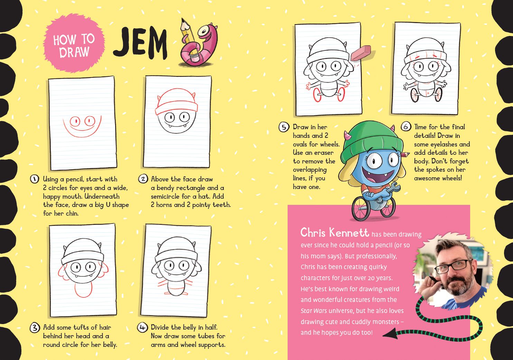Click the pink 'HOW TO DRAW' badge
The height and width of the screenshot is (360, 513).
tap(74, 43)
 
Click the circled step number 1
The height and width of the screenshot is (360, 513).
tap(35, 179)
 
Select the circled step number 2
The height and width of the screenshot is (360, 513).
tap(143, 179)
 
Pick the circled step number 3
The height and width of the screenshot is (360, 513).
tap(35, 328)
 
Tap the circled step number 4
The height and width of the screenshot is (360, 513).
tap(142, 328)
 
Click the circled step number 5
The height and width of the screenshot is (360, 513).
tap(284, 127)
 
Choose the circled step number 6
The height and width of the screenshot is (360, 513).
tap(406, 126)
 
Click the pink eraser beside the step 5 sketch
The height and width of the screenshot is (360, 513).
tap(361, 53)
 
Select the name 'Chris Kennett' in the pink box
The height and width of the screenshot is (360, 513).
tap(335, 233)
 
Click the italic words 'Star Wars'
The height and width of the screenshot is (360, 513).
tap(314, 311)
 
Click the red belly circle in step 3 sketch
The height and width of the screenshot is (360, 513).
tap(83, 289)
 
